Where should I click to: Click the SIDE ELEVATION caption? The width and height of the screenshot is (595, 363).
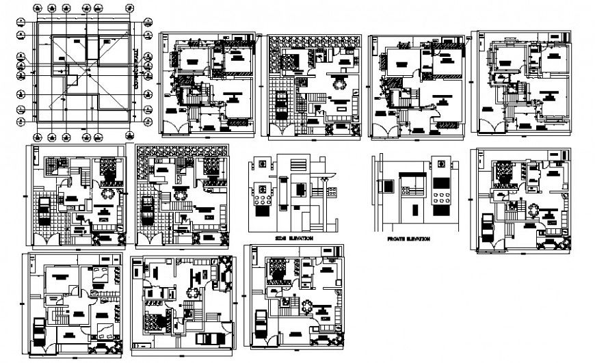[294, 239]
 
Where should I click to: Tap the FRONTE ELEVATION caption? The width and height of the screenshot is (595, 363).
[408, 239]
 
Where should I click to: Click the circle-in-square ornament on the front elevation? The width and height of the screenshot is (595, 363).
[442, 164]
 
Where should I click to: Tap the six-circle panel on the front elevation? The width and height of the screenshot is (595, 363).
[441, 199]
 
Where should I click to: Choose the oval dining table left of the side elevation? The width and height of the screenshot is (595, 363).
[179, 194]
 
